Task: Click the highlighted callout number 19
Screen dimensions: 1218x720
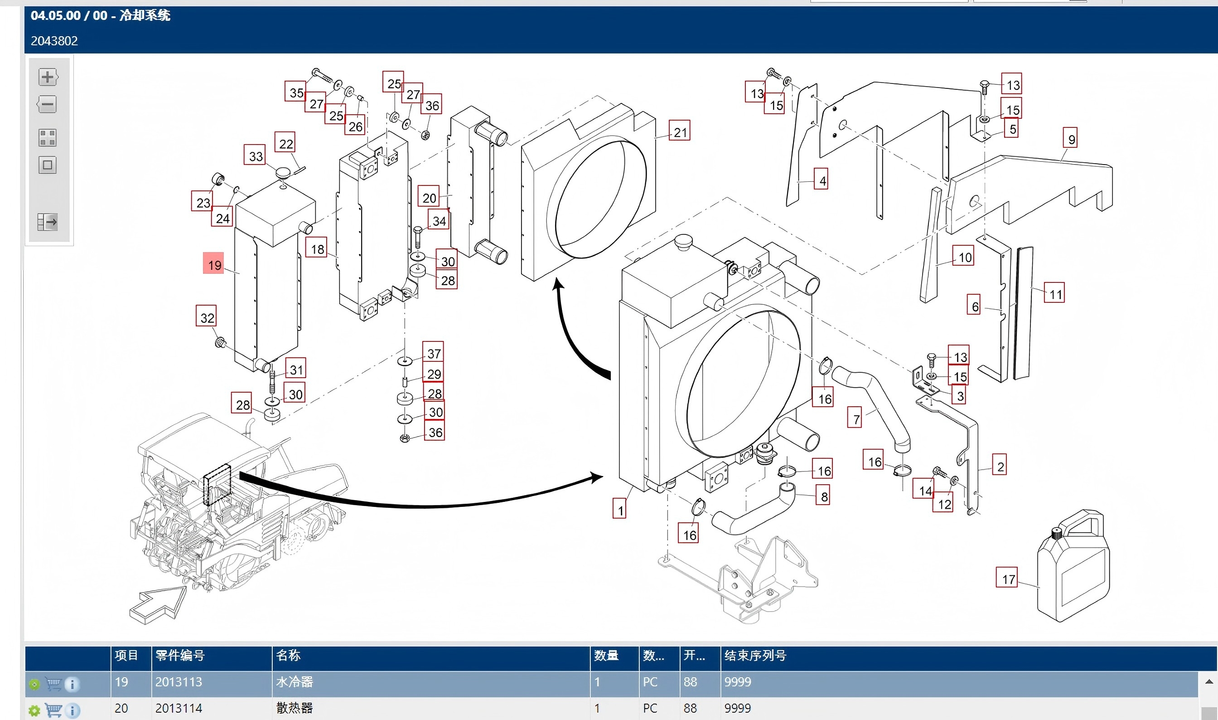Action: (213, 263)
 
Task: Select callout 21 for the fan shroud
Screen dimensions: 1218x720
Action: (680, 131)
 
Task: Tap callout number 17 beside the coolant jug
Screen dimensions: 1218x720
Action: (1006, 577)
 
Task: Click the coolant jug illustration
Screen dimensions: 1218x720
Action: (1073, 565)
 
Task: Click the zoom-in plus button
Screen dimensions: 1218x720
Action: (48, 77)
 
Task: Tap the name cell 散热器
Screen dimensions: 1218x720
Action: (295, 708)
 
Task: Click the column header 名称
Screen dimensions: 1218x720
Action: (289, 656)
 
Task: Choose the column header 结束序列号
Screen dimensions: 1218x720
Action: (755, 656)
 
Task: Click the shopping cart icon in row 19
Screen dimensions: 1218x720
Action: (53, 684)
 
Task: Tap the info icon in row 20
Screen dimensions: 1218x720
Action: (72, 711)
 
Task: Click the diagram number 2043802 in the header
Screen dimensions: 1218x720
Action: (54, 41)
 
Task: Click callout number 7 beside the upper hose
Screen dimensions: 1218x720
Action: (855, 418)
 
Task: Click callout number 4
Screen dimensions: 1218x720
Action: (821, 179)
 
